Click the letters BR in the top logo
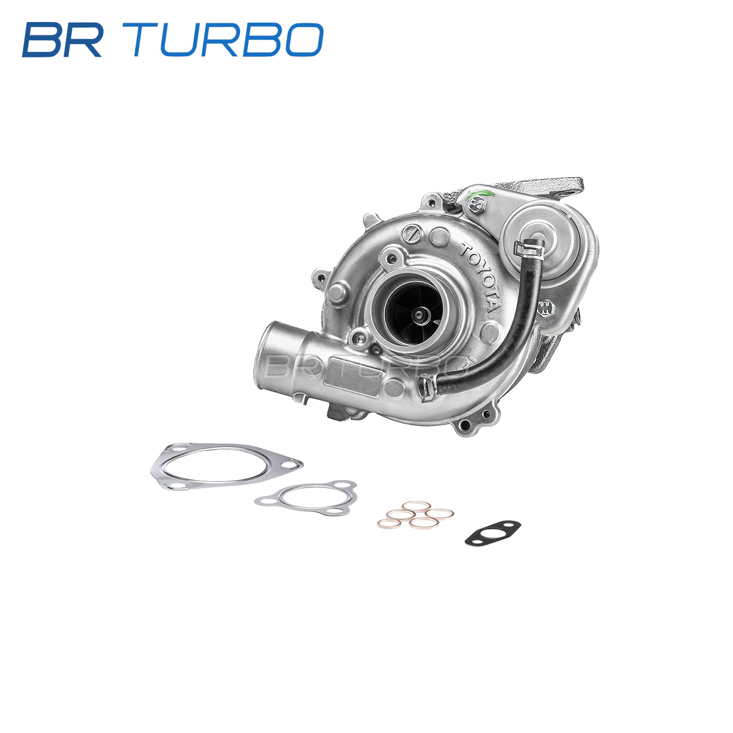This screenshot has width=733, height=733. (63, 40)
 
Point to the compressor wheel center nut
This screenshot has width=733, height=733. (419, 314)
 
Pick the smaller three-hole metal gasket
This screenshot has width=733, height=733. (307, 498)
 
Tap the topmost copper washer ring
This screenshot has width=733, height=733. (416, 506)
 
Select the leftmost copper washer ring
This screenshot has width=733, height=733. (390, 523)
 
